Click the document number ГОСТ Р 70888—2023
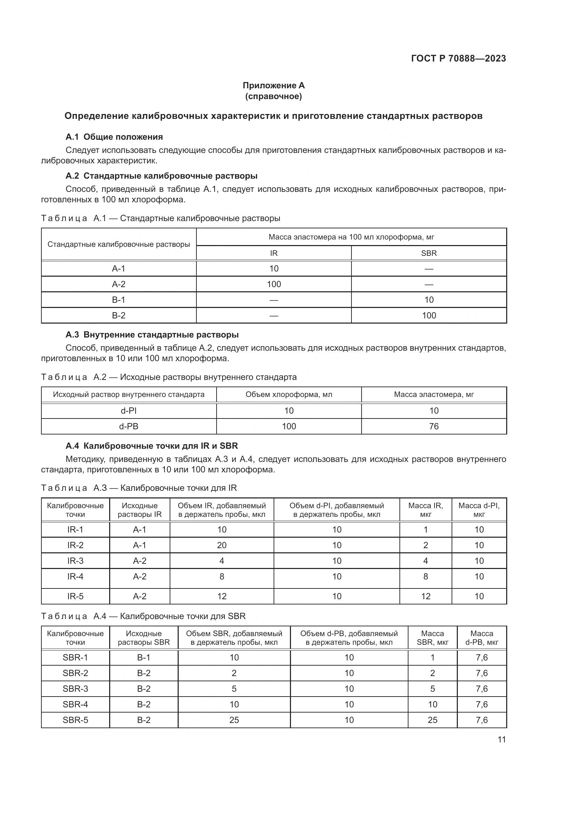pyautogui.click(x=459, y=58)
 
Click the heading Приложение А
pyautogui.click(x=273, y=86)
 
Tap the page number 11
pyautogui.click(x=501, y=739)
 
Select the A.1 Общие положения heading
pyautogui.click(x=114, y=137)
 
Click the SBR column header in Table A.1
pyautogui.click(x=429, y=253)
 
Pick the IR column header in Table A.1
pyautogui.click(x=274, y=253)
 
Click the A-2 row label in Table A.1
pyautogui.click(x=119, y=284)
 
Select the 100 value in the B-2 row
pyautogui.click(x=429, y=315)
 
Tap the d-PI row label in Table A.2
pyautogui.click(x=129, y=410)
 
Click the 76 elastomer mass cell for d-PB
pyautogui.click(x=434, y=426)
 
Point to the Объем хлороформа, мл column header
pyautogui.click(x=289, y=395)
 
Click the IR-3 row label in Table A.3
pyautogui.click(x=75, y=561)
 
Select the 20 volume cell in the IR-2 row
pyautogui.click(x=222, y=545)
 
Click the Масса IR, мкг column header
pyautogui.click(x=426, y=510)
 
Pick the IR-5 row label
pyautogui.click(x=75, y=596)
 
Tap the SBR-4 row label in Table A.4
pyautogui.click(x=75, y=704)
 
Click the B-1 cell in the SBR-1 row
pyautogui.click(x=144, y=657)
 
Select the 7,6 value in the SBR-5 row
pyautogui.click(x=481, y=720)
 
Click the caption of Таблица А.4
pyautogui.click(x=143, y=616)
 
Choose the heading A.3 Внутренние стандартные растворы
pyautogui.click(x=152, y=335)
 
